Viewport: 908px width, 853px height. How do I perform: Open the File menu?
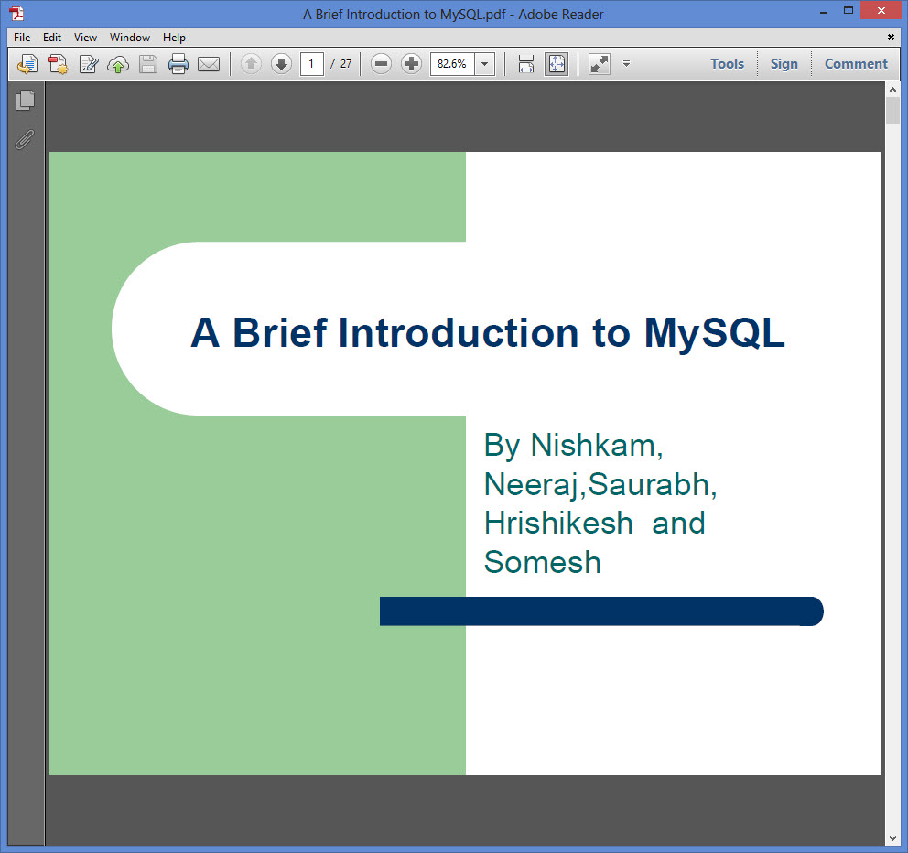click(22, 38)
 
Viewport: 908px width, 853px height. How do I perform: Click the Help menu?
click(174, 38)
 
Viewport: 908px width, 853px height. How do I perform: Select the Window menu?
click(130, 38)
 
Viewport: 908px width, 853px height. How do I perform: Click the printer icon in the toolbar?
click(178, 64)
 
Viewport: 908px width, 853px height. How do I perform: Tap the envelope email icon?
click(209, 64)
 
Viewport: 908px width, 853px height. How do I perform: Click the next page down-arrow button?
click(281, 64)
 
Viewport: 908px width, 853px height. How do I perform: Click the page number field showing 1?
click(311, 64)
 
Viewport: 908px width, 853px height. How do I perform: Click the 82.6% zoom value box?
click(451, 64)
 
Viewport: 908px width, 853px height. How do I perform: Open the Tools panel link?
click(727, 64)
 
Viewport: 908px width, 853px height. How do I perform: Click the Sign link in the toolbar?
click(784, 64)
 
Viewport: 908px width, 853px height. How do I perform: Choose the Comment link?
click(856, 64)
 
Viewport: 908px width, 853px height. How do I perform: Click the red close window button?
click(881, 10)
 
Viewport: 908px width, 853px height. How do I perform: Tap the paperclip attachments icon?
click(25, 139)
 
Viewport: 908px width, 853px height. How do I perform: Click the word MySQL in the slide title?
click(715, 334)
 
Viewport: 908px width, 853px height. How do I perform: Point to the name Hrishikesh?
click(559, 523)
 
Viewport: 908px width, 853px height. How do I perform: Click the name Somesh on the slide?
click(543, 562)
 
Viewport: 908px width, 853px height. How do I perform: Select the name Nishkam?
click(597, 446)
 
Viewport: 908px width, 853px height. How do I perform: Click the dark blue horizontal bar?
click(601, 611)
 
